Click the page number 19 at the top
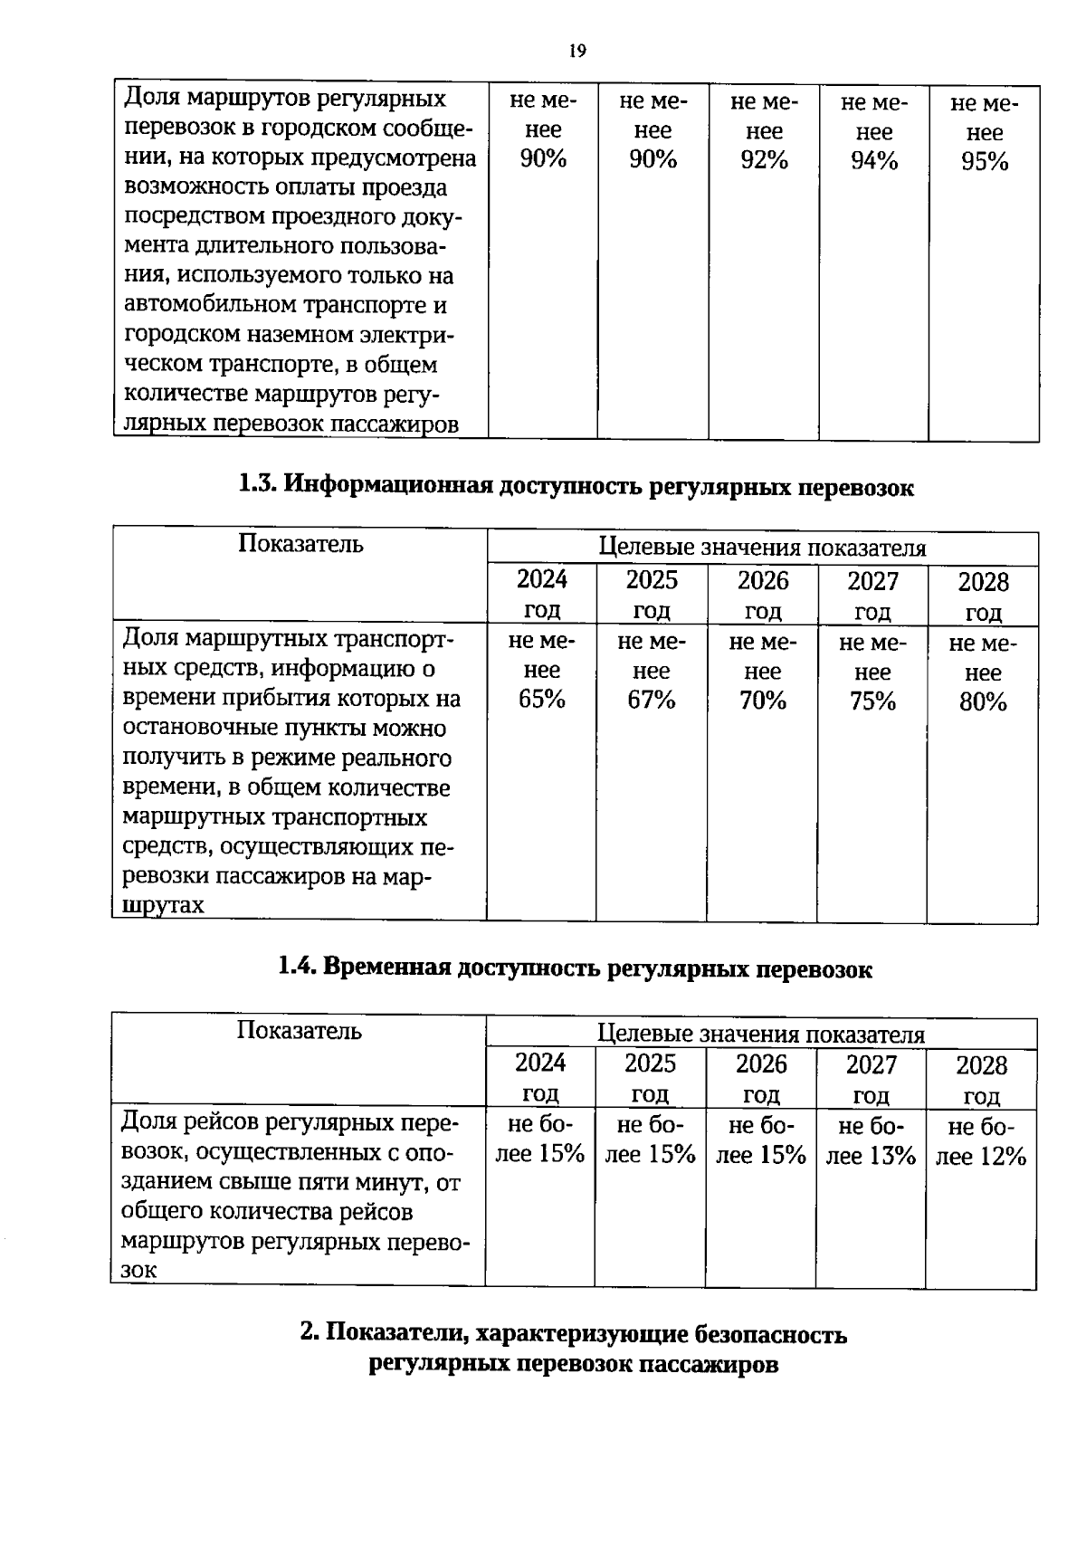click(x=577, y=51)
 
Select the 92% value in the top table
click(x=763, y=160)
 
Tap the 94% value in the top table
click(x=873, y=161)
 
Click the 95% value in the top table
click(x=984, y=162)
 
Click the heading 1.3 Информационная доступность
click(x=576, y=486)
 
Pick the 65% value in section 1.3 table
click(x=541, y=700)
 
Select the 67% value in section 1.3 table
click(x=652, y=701)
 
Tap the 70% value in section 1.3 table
click(x=762, y=701)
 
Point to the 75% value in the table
click(x=872, y=702)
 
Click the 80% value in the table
click(x=983, y=702)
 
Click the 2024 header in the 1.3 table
click(x=541, y=579)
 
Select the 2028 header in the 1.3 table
click(x=983, y=582)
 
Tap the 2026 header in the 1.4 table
click(x=761, y=1063)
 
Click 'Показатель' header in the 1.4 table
click(x=299, y=1031)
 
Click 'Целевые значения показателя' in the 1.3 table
click(x=763, y=548)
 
